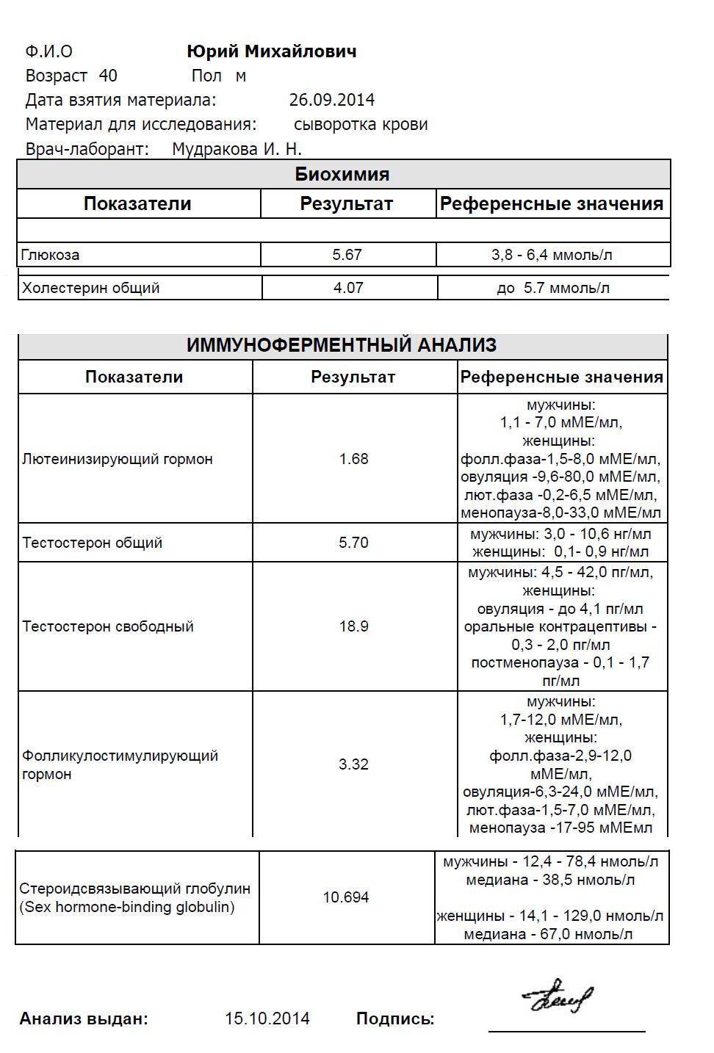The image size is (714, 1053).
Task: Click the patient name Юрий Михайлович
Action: [x=272, y=51]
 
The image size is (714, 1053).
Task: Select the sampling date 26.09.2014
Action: [x=332, y=100]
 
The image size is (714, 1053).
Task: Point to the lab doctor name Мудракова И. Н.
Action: [x=237, y=149]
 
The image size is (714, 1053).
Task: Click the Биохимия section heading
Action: [x=342, y=174]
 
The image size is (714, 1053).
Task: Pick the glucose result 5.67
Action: [x=347, y=255]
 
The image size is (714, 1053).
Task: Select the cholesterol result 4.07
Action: [x=348, y=288]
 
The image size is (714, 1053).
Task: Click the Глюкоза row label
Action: [x=51, y=255]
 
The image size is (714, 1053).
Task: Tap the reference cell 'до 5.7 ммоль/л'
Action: [x=553, y=288]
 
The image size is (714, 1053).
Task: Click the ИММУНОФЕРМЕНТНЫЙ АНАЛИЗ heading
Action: [x=342, y=345]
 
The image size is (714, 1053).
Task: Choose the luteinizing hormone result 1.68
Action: [x=353, y=459]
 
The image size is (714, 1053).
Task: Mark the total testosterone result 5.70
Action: [x=353, y=543]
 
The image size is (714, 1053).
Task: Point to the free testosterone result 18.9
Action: [x=353, y=626]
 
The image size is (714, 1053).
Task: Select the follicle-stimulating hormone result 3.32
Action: [x=353, y=764]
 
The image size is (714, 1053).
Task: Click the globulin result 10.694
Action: [x=346, y=897]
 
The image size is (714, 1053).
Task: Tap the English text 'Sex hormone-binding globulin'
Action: [x=127, y=907]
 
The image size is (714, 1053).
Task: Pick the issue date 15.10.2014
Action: [x=267, y=1018]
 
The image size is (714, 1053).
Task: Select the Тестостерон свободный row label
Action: [x=108, y=626]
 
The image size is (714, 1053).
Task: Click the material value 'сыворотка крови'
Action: [x=361, y=124]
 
